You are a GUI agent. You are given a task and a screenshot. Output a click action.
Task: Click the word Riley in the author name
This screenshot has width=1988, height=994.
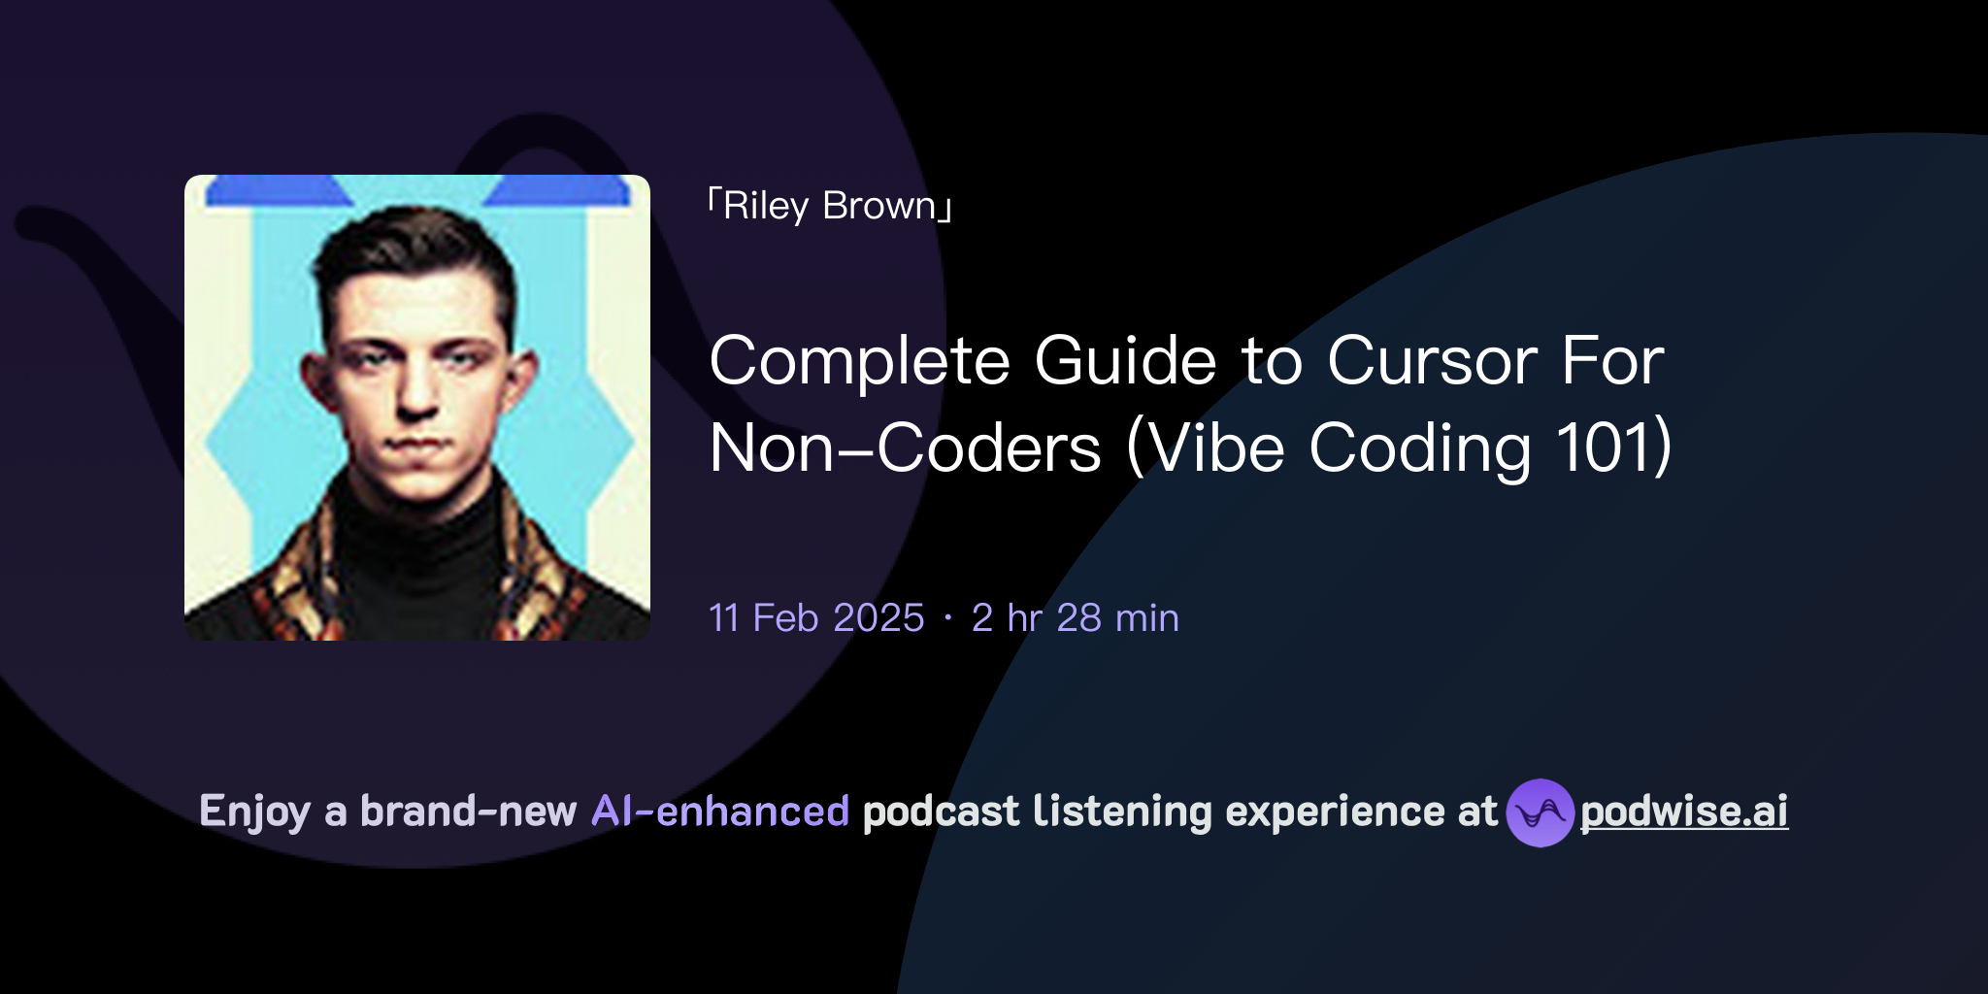tap(765, 207)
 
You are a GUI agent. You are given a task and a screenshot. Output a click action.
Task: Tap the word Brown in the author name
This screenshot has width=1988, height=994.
tap(879, 207)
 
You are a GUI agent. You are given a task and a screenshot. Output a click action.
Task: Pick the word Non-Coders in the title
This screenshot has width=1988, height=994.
tap(906, 449)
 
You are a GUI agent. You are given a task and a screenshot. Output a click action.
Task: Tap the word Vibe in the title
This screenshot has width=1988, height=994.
tap(1215, 449)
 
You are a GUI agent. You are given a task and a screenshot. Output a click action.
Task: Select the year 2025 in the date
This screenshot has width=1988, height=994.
tap(878, 618)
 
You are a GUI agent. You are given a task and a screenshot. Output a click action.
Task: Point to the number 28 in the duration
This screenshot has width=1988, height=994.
tap(1078, 618)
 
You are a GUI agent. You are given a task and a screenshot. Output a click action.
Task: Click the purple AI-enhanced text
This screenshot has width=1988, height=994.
tap(720, 812)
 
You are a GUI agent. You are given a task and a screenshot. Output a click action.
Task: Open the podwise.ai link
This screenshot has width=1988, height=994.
tap(1684, 812)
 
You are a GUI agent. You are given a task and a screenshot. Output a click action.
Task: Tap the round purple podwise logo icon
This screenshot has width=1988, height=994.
tap(1540, 813)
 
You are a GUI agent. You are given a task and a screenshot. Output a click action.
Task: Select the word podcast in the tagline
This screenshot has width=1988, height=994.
tap(941, 812)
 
